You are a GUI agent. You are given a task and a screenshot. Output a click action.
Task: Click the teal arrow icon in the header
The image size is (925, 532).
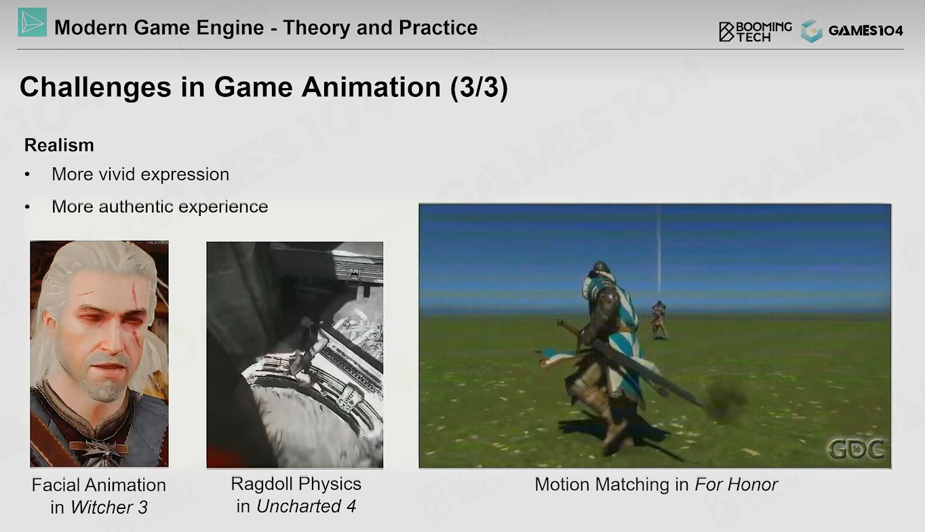tap(32, 22)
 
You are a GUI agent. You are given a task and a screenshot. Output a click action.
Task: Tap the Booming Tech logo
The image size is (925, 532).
tap(755, 32)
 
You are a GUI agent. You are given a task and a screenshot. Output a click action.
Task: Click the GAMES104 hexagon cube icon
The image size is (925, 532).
tap(812, 31)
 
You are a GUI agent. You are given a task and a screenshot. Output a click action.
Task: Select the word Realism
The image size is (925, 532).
tap(59, 145)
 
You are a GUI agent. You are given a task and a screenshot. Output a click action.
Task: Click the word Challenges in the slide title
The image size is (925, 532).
tap(96, 87)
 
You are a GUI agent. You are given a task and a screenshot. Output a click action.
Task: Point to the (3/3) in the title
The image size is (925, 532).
tap(479, 87)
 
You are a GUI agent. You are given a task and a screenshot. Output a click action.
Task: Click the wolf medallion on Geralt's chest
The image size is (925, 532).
tap(101, 451)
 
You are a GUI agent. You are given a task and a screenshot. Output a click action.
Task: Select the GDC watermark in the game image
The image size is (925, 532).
tap(856, 449)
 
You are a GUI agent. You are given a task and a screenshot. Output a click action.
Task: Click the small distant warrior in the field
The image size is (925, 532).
tap(658, 321)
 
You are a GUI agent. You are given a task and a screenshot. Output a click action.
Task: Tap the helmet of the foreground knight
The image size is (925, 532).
tap(601, 270)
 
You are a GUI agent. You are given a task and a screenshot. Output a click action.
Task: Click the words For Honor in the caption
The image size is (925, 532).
tap(736, 485)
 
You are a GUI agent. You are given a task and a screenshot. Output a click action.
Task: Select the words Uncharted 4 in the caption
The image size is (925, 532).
tap(306, 506)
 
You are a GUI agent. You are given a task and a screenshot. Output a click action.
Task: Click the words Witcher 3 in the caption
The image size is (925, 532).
tap(109, 508)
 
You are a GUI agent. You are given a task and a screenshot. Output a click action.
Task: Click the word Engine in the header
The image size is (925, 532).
tap(230, 28)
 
